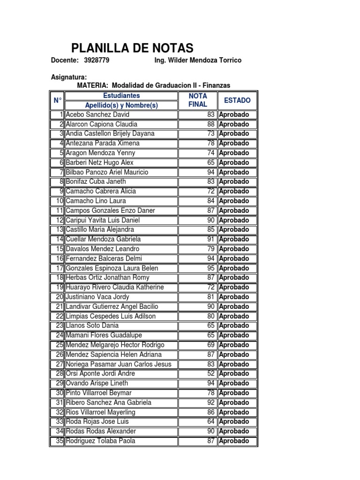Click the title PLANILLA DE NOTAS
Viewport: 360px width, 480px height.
coord(132,48)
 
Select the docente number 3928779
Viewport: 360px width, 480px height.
coord(97,60)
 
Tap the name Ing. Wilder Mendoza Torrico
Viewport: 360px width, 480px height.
coord(198,60)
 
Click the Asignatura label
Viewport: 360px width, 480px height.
coord(68,77)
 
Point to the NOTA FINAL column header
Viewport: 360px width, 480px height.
coord(197,100)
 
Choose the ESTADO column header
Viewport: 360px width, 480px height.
coord(237,100)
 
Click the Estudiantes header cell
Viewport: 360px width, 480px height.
coord(121,96)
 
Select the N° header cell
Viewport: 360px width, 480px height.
coord(57,100)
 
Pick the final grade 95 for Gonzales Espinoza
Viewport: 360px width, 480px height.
coord(210,268)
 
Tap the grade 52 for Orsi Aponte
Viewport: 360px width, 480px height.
coord(210,374)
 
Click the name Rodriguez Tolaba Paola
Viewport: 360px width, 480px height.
coord(100,441)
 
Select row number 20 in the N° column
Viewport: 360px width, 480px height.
coord(59,297)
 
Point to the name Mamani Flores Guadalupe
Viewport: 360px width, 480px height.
coord(104,335)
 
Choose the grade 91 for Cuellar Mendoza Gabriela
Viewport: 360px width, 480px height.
coord(210,239)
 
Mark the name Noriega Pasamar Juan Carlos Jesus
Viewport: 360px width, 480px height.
coord(119,364)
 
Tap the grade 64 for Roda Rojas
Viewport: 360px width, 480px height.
coord(210,421)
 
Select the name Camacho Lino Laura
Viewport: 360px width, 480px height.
coord(93,201)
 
